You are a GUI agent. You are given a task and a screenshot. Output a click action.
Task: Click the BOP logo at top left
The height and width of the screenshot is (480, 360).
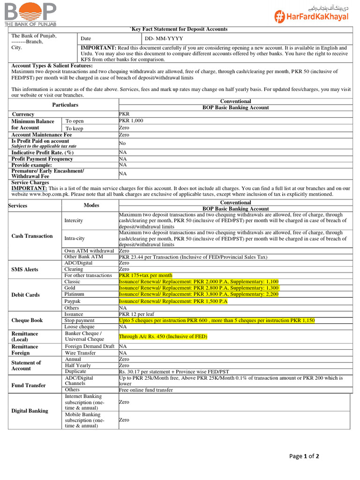coord(30,13)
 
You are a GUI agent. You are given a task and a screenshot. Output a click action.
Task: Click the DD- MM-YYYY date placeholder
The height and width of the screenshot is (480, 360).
coord(164,38)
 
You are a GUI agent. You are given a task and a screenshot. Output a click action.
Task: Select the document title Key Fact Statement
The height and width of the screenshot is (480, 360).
coord(179,29)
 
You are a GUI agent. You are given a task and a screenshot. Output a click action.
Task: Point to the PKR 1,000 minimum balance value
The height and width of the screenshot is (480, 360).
coord(131,120)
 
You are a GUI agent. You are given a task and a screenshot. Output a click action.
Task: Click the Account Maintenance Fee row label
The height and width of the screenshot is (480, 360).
coord(42,135)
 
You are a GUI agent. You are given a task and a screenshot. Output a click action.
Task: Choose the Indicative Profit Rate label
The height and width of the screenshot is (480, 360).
coord(42,152)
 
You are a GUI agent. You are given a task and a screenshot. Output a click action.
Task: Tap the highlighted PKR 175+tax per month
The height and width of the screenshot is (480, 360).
coord(145,275)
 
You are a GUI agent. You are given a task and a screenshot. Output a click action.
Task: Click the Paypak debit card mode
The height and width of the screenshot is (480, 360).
coord(72,301)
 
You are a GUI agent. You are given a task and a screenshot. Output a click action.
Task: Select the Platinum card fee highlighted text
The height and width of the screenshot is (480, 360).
coord(199,294)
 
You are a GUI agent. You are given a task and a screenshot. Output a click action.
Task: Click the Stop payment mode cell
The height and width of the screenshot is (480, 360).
coord(79,321)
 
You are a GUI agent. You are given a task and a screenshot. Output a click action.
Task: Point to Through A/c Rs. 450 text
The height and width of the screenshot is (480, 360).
coord(163,337)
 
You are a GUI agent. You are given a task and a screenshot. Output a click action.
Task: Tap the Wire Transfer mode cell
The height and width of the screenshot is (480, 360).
coord(80,353)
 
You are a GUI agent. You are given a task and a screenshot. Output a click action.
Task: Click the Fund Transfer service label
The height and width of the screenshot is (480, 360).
coord(29,385)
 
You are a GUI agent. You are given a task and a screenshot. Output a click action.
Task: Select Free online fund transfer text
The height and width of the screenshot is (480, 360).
coord(146,390)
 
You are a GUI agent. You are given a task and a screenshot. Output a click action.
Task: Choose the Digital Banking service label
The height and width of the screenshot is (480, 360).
coord(30,411)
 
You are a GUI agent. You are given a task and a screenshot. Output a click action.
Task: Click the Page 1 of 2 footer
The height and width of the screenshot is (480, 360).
coord(304,456)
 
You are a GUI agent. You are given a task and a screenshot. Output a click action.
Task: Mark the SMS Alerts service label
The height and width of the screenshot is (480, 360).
coord(25,270)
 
